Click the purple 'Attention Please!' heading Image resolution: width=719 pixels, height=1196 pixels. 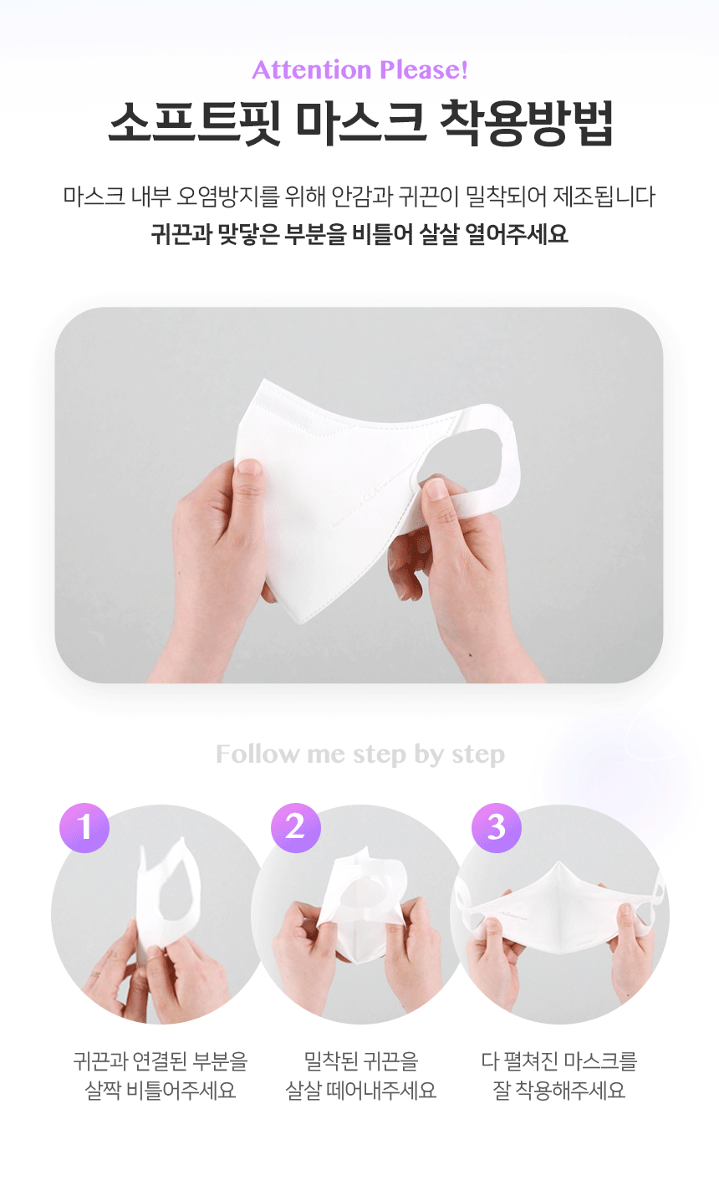pos(359,70)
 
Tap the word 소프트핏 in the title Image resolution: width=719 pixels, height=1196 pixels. pos(195,122)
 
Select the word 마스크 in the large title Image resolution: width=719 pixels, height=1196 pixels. pos(361,122)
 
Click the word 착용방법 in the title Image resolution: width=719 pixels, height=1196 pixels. pos(527,122)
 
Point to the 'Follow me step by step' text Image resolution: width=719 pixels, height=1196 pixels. pos(360,754)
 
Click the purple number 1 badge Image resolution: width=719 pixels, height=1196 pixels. pos(84,828)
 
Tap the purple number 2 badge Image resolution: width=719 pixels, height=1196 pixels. pos(296,828)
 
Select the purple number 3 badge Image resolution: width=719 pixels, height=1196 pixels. pos(497,828)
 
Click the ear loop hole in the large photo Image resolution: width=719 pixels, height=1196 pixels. pos(463,458)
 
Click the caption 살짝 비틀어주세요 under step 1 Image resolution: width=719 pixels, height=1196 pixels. pos(161,1091)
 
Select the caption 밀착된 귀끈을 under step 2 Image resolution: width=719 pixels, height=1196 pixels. pos(361,1061)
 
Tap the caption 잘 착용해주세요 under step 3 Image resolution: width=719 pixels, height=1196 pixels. pos(558,1091)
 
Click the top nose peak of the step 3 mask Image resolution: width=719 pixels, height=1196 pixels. pos(558,863)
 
